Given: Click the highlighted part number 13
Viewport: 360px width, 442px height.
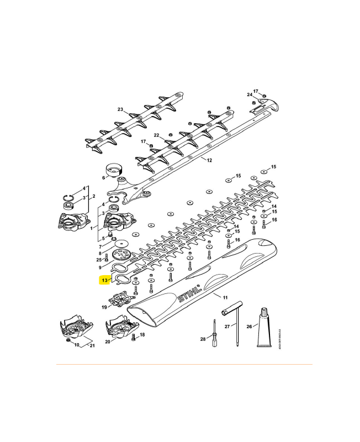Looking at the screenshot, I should [x=103, y=280].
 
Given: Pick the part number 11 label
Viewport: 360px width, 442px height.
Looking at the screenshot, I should [x=225, y=297].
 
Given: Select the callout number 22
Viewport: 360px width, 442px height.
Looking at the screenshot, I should [x=156, y=135].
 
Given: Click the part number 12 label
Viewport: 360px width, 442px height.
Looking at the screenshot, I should [x=209, y=160].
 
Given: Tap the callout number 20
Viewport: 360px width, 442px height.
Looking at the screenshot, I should [x=108, y=342].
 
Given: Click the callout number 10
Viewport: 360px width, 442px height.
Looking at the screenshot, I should [x=77, y=346].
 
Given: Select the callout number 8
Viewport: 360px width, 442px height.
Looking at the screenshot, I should [x=99, y=253].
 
